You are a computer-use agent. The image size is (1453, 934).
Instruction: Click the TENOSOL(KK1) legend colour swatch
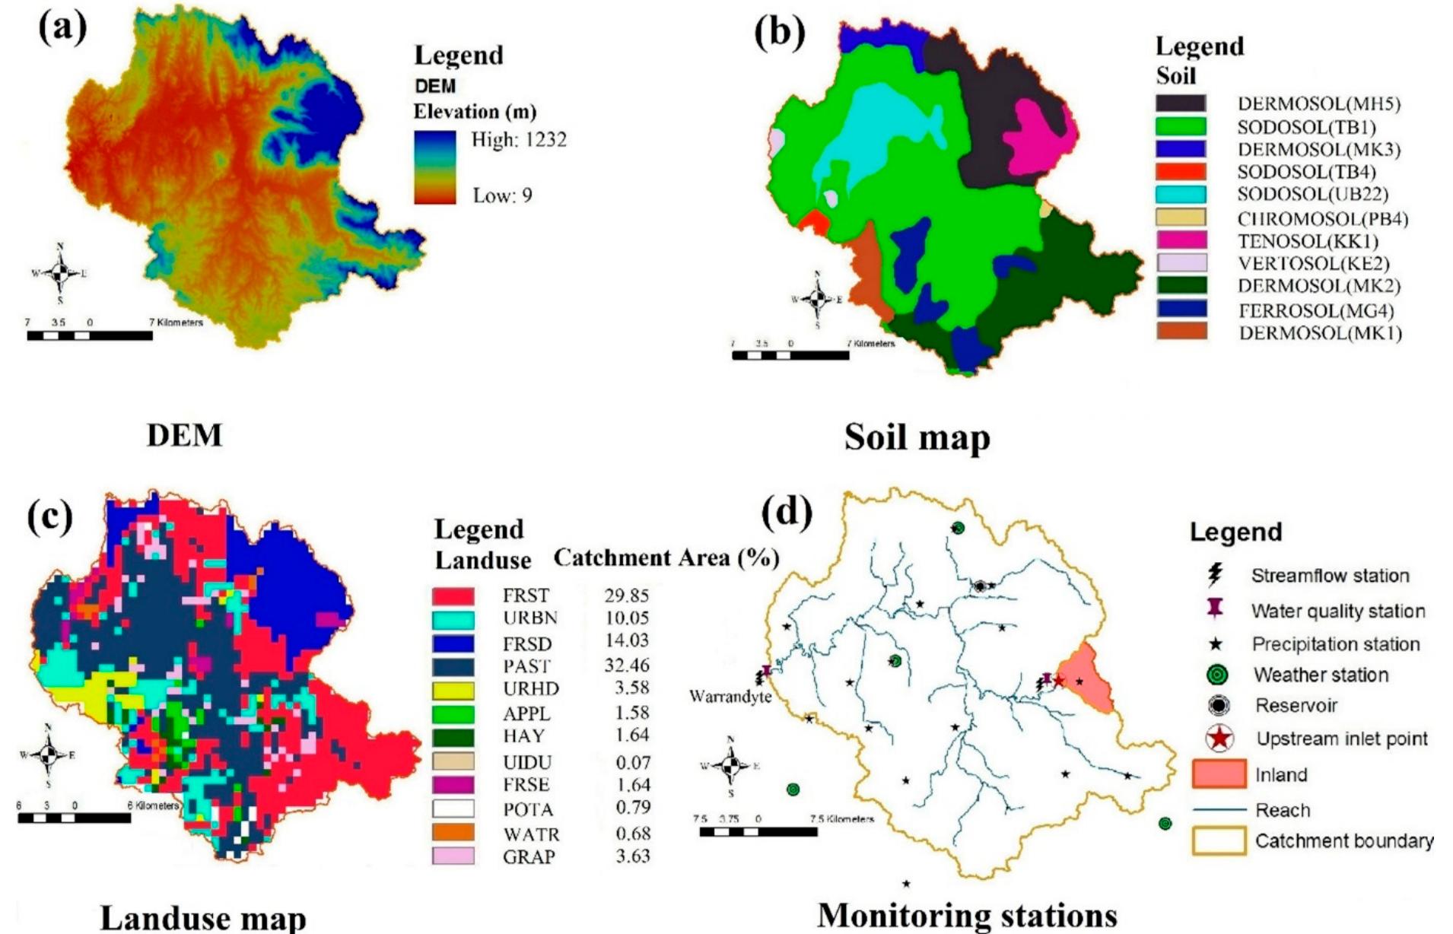point(1181,240)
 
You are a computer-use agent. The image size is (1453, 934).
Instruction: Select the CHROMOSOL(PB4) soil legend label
point(1323,219)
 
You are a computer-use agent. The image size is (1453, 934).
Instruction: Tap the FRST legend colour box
point(453,596)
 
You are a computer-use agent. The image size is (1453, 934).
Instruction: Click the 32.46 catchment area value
point(627,666)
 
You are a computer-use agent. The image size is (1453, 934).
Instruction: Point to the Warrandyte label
point(730,697)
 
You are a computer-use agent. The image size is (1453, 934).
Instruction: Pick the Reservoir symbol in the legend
point(1219,706)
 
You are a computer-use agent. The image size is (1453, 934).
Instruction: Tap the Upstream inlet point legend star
point(1220,738)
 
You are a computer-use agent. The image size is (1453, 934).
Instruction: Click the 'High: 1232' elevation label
point(519,140)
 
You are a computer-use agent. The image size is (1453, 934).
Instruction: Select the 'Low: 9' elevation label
point(502,195)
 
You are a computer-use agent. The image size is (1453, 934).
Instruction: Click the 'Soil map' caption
point(917,437)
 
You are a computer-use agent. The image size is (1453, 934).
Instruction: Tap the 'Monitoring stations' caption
point(967,915)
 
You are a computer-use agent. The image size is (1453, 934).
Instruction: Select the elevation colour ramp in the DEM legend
point(435,167)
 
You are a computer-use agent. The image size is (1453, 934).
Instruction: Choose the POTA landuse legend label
point(528,810)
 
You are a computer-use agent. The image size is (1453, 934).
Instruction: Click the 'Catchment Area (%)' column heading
point(666,558)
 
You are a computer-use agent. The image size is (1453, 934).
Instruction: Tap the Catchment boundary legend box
point(1219,841)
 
